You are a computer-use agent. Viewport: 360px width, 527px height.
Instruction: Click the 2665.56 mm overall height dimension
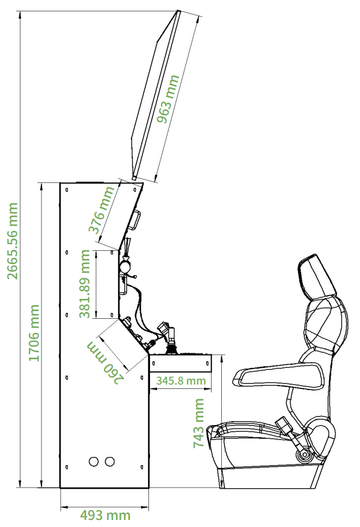point(13,241)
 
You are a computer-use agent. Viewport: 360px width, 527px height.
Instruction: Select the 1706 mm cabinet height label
point(33,333)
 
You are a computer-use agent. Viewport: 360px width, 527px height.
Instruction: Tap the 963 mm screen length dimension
point(168,99)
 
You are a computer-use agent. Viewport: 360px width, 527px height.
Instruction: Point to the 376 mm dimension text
point(101,210)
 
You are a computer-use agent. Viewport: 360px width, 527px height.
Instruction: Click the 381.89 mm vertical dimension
point(85,284)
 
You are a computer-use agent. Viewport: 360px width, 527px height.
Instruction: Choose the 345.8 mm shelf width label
point(181,380)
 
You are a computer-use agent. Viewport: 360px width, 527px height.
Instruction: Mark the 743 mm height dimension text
point(199,423)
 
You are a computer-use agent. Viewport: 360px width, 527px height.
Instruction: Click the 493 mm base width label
point(105,515)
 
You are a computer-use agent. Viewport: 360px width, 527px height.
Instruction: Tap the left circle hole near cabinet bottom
point(94,461)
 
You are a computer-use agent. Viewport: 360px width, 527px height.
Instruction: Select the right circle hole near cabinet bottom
point(110,461)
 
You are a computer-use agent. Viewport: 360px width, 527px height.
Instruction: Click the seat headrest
point(316,277)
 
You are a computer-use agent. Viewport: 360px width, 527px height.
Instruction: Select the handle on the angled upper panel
point(135,220)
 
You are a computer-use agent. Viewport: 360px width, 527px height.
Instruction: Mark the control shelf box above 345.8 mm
point(181,363)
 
